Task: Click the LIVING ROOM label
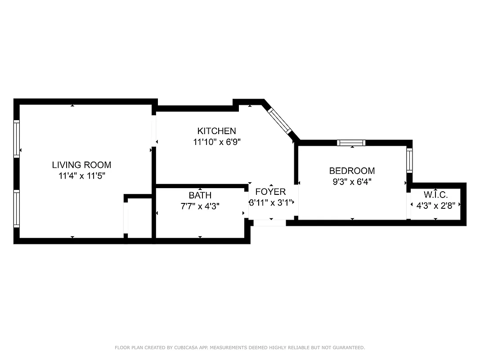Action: coord(81,165)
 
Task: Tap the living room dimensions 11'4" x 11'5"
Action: coord(81,176)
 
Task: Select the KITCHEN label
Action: coord(216,131)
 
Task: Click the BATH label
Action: coord(200,196)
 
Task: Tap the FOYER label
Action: coord(270,192)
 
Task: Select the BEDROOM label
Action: coord(352,171)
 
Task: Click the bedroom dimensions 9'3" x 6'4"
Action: coord(352,182)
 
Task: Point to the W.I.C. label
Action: coord(435,195)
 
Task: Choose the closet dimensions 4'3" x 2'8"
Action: coord(435,205)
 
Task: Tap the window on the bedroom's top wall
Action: coord(351,143)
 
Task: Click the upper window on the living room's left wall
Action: coord(17,139)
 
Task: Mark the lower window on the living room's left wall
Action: coord(17,208)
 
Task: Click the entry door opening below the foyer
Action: coord(269,223)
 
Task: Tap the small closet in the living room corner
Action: coord(139,218)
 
